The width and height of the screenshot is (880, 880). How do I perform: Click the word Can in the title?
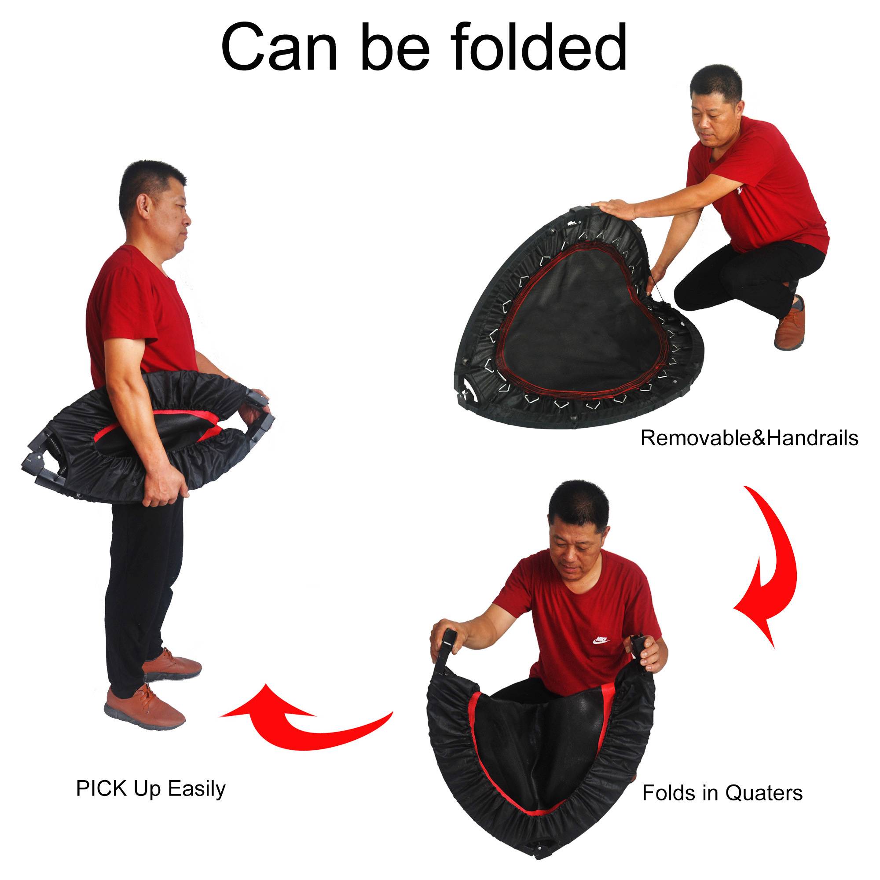click(279, 48)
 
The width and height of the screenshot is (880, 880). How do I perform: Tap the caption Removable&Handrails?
click(749, 438)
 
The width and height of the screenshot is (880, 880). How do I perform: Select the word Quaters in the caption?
click(763, 793)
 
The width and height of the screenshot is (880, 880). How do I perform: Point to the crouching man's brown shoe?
click(790, 325)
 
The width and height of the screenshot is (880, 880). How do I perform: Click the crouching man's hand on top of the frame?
click(615, 209)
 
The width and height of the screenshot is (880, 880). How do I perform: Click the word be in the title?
click(394, 48)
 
